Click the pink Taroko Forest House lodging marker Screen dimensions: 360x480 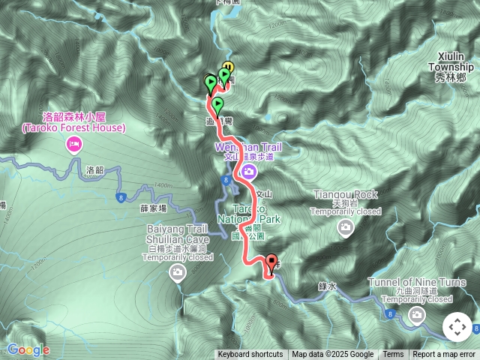pos(73,145)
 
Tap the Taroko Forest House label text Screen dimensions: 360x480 pos(73,122)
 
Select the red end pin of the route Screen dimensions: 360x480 pos(271,263)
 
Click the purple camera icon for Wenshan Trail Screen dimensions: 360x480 pos(249,172)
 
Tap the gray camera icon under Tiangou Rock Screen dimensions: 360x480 pos(345,226)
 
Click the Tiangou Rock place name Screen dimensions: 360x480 pos(345,194)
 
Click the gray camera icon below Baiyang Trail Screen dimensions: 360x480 pos(177,271)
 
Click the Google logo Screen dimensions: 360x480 pos(28,349)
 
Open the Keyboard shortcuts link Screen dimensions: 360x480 pos(250,355)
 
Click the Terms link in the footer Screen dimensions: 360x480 pos(393,355)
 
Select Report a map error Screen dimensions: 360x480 pos(444,355)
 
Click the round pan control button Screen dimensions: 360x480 pos(457,328)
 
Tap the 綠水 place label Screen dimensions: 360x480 pos(328,286)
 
